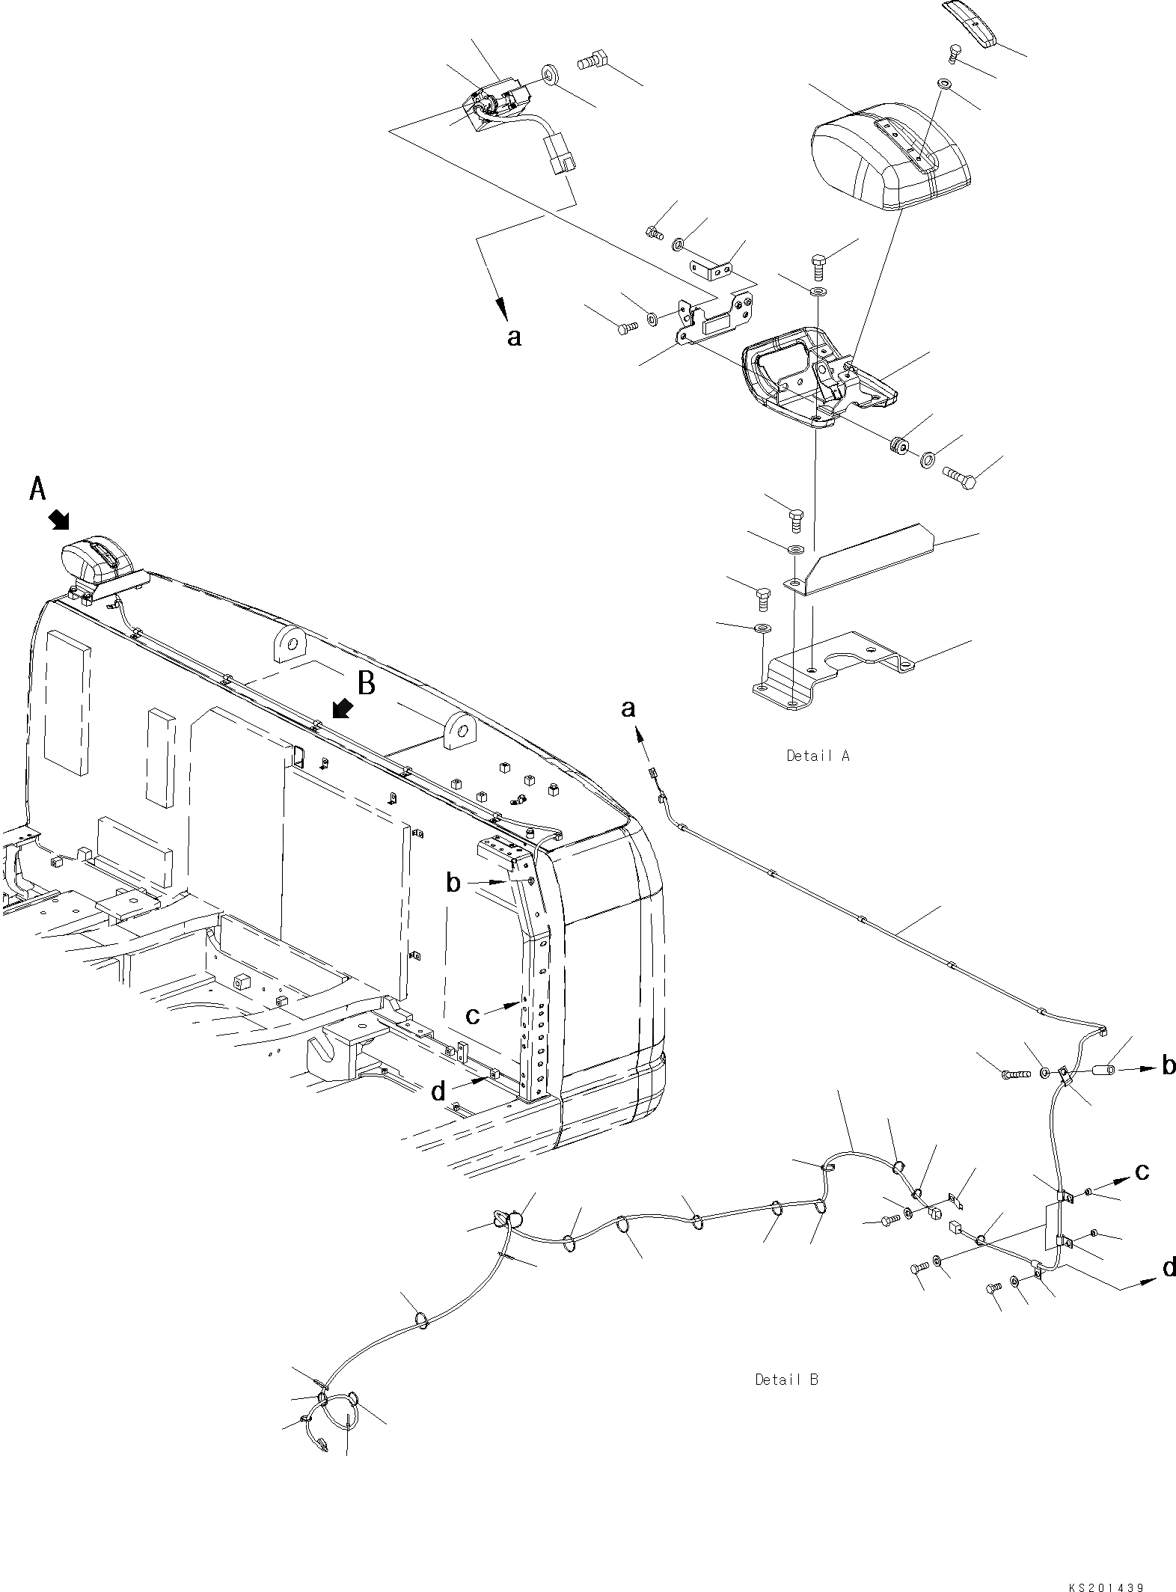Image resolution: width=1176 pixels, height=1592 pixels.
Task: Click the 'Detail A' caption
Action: coord(818,756)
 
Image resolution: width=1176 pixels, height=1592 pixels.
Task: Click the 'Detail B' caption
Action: coord(786,1379)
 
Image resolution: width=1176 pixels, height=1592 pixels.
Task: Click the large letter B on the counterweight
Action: coord(366,682)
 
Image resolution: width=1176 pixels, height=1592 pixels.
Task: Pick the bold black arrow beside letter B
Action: coord(344,707)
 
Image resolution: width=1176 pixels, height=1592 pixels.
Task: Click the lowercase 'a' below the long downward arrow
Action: coord(513,337)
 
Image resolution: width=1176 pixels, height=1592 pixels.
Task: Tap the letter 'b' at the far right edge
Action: coord(1169,1065)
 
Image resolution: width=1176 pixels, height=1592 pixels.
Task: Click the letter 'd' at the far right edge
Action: coord(1169,1267)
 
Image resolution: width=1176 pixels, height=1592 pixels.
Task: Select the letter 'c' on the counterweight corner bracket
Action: coord(472,1015)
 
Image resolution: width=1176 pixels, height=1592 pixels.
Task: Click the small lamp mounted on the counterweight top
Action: coord(96,560)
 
